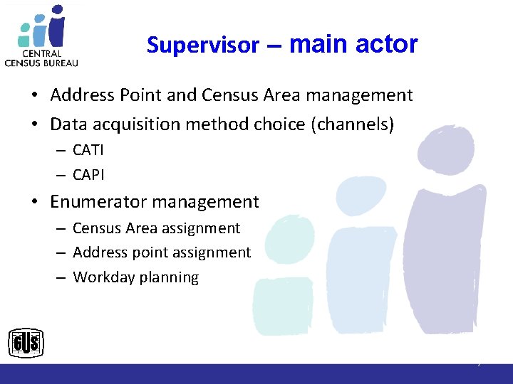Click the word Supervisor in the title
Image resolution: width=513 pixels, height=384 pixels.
pyautogui.click(x=203, y=46)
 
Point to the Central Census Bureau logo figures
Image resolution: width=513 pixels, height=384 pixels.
pyautogui.click(x=43, y=26)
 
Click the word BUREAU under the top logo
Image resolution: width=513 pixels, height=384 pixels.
pyautogui.click(x=60, y=62)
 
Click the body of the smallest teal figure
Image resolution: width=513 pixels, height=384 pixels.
pyautogui.click(x=283, y=306)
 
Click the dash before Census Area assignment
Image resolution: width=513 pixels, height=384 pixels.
pyautogui.click(x=62, y=229)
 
